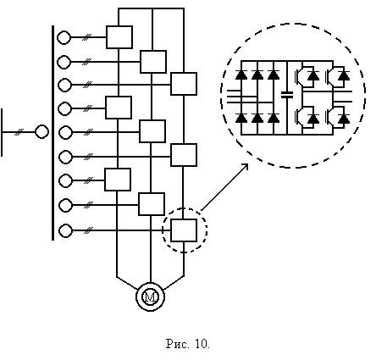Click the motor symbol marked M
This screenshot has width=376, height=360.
pyautogui.click(x=151, y=296)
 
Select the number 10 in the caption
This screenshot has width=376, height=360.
pyautogui.click(x=201, y=344)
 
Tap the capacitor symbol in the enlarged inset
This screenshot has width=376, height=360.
pyautogui.click(x=287, y=95)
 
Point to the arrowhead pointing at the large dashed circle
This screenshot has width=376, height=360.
pyautogui.click(x=246, y=166)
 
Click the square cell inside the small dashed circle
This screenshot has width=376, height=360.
pyautogui.click(x=184, y=230)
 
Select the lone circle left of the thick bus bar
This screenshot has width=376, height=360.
pyautogui.click(x=41, y=131)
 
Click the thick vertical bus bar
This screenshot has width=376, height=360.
pyautogui.click(x=53, y=133)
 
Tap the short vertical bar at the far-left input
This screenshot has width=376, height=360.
pyautogui.click(x=2, y=132)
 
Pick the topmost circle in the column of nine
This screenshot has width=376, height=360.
pyautogui.click(x=64, y=37)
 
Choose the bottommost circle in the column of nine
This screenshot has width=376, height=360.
pyautogui.click(x=65, y=230)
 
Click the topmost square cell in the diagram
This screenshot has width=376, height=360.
pyautogui.click(x=119, y=37)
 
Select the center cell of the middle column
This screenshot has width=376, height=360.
pyautogui.click(x=152, y=131)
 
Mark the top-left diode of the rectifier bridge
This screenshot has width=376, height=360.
pyautogui.click(x=241, y=75)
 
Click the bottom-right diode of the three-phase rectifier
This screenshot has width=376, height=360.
pyautogui.click(x=274, y=118)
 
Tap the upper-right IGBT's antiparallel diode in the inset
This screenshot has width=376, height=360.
pyautogui.click(x=344, y=75)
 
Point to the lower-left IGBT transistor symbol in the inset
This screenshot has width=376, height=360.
pyautogui.click(x=299, y=116)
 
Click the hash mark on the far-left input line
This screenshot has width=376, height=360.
pyautogui.click(x=19, y=131)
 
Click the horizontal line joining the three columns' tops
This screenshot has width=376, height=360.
pyautogui.click(x=152, y=8)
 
